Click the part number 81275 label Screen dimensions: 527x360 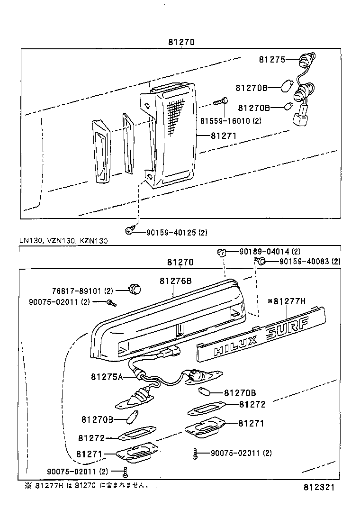tap(271, 60)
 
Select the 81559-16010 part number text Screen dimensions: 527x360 tap(230, 121)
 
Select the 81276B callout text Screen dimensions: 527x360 tap(175, 281)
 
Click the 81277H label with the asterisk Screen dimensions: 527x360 tap(287, 300)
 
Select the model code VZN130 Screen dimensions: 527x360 tap(61, 241)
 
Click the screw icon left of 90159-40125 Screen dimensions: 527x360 tap(129, 231)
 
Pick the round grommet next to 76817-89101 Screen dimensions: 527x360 tap(135, 288)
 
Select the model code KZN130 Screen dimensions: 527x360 tap(93, 241)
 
